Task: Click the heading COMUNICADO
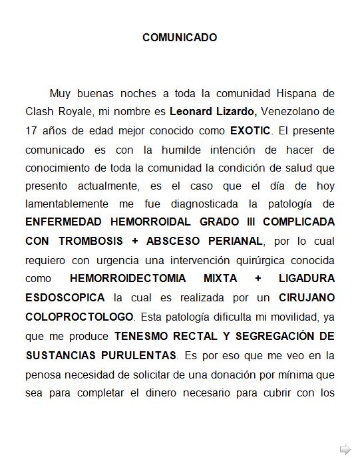[x=180, y=37]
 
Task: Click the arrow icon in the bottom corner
[x=345, y=448]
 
